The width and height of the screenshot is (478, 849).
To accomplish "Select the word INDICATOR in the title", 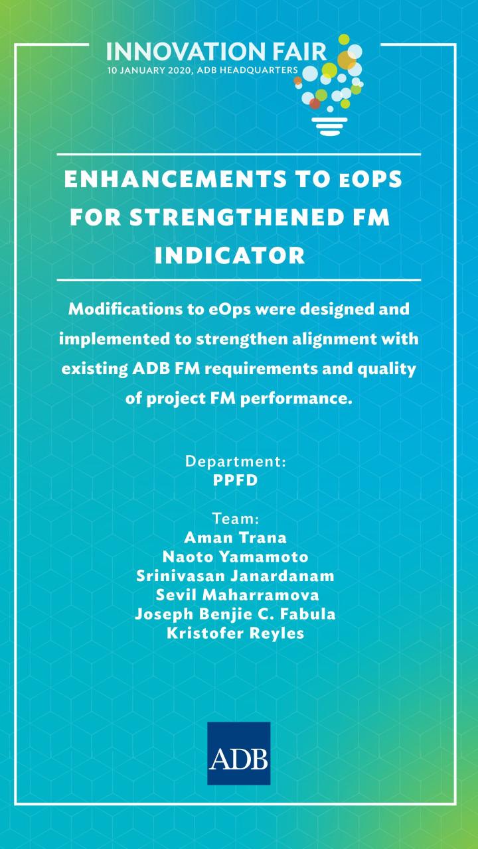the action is click(x=230, y=255).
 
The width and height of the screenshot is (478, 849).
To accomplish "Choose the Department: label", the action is click(x=236, y=462).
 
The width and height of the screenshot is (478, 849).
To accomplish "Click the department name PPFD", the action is click(x=235, y=480).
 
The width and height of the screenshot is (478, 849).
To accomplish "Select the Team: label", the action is click(x=236, y=519).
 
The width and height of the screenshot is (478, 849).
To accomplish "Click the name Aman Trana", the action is click(x=235, y=537).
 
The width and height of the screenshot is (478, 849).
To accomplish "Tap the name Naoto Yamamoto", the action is click(x=235, y=556).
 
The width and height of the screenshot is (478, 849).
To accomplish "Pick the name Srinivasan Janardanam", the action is click(x=235, y=576).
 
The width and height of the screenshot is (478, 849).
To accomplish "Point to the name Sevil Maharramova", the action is click(x=237, y=595).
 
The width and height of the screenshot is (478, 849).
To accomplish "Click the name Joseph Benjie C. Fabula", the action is click(x=235, y=614).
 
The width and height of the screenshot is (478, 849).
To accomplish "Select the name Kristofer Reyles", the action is click(x=235, y=633).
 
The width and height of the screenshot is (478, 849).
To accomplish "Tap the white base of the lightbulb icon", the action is click(x=329, y=126).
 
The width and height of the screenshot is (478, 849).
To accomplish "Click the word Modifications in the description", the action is click(x=125, y=309).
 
